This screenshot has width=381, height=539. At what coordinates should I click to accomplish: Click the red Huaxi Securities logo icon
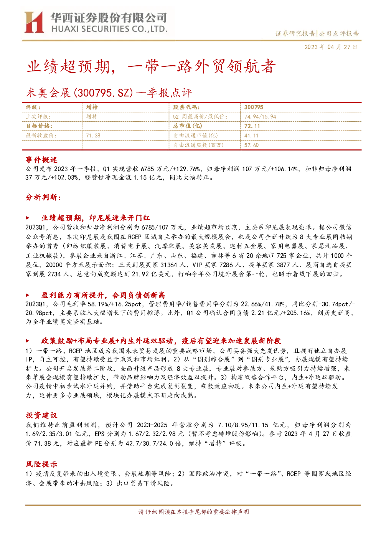34,22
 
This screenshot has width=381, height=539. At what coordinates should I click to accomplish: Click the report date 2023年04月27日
331,47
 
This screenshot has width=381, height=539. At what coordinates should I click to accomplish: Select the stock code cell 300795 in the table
254,107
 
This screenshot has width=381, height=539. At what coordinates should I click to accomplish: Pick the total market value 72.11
252,126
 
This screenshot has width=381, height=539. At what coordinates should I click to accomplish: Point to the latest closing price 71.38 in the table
93,136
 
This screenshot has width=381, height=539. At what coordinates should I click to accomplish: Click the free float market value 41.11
251,136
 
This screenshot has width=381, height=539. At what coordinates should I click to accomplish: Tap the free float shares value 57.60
251,145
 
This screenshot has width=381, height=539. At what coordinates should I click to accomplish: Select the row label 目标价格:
39,126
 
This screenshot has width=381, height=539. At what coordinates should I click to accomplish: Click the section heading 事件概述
41,160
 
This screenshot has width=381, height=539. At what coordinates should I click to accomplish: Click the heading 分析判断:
43,197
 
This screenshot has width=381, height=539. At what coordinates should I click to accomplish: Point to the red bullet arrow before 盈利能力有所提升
28,295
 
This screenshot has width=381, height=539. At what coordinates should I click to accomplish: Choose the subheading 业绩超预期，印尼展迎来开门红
96,218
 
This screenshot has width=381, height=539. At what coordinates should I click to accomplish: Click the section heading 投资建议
41,415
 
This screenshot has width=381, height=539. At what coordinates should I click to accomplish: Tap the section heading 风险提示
41,464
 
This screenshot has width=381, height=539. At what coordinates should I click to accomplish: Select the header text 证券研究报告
295,33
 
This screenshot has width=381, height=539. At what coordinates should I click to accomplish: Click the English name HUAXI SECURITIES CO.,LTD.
109,29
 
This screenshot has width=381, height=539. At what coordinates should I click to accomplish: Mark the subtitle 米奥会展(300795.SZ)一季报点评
109,93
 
